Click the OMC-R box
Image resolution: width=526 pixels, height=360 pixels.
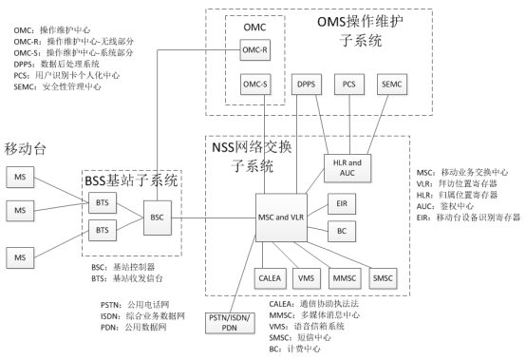(255, 48)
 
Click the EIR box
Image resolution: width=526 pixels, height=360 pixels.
(343, 203)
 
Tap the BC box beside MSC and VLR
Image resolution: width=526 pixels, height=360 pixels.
(343, 230)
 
